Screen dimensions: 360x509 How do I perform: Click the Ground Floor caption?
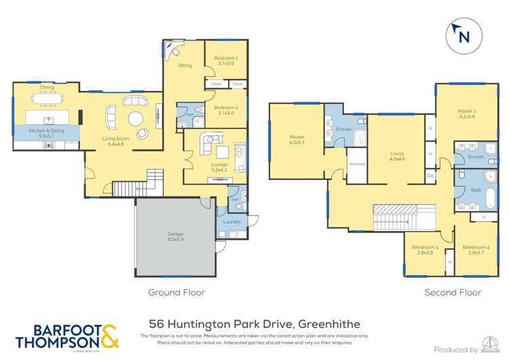click(x=176, y=293)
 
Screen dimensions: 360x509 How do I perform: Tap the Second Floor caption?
click(x=453, y=293)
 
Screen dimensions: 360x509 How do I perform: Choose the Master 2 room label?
click(x=466, y=113)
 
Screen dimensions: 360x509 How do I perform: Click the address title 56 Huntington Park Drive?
click(x=254, y=325)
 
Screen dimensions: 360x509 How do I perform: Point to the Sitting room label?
click(x=185, y=65)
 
